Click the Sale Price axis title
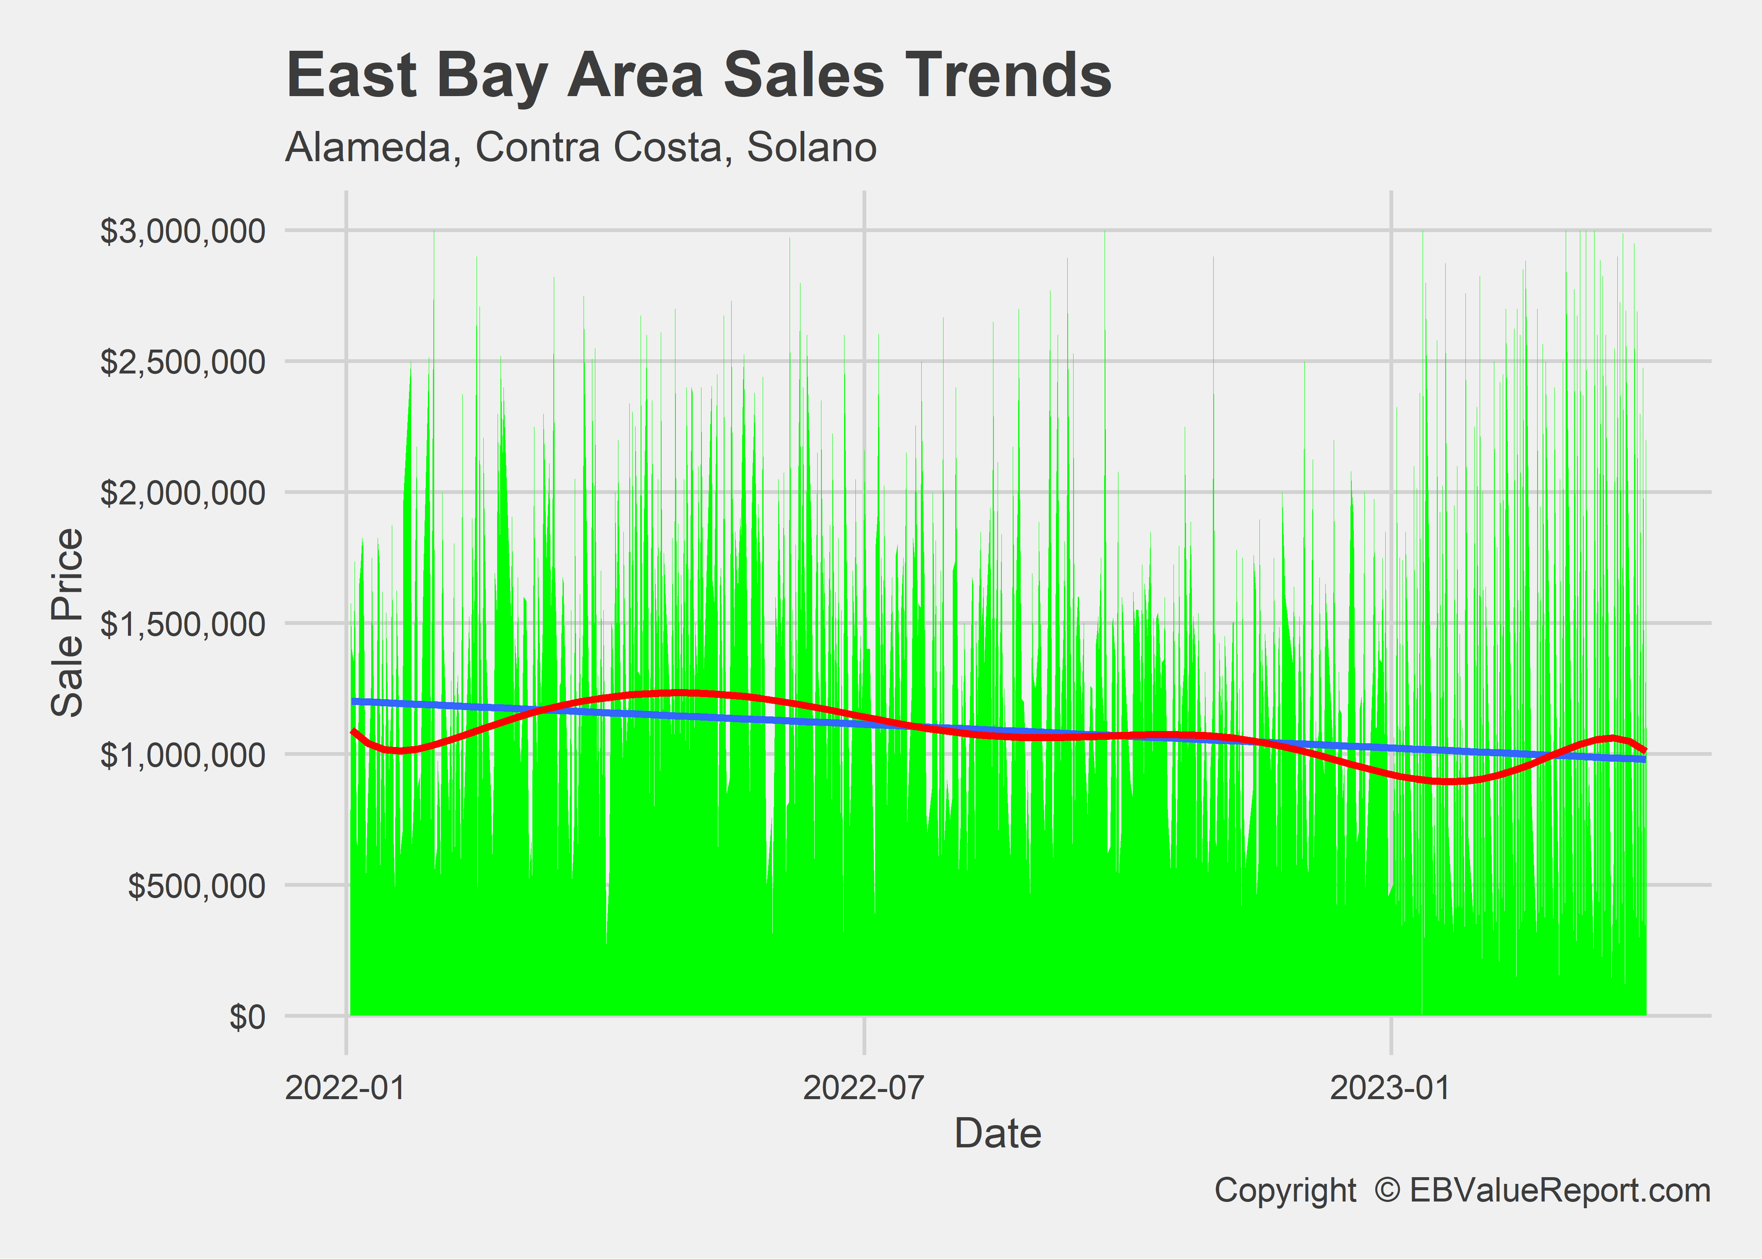click(x=68, y=622)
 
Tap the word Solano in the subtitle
click(x=811, y=147)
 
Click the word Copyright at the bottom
click(x=1285, y=1190)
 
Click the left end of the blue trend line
click(x=353, y=701)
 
